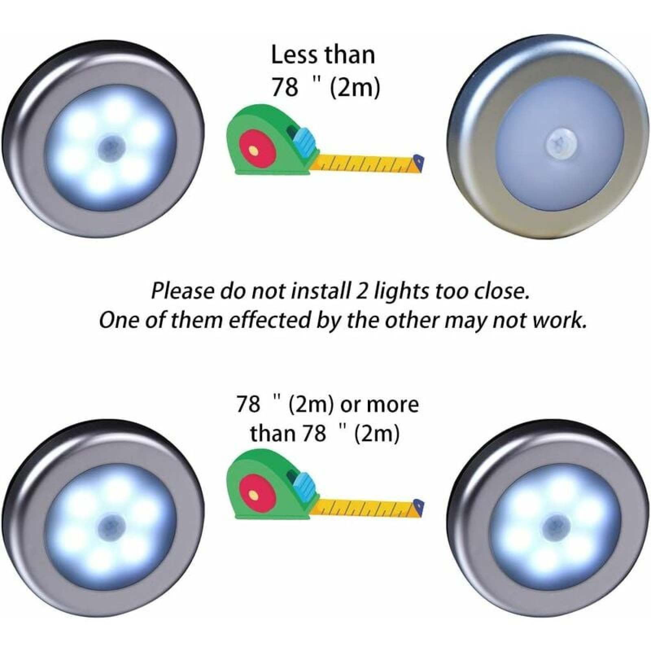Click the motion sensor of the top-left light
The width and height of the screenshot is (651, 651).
click(x=109, y=146)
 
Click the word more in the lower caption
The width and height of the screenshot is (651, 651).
click(x=393, y=405)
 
